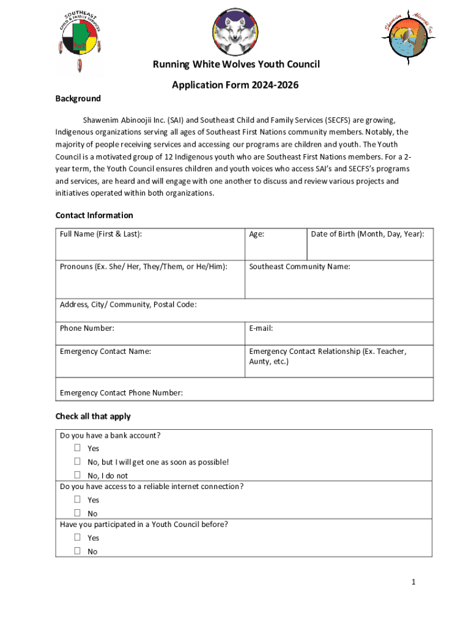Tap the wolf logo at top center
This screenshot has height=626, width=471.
pos(236,33)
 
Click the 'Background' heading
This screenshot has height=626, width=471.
pos(78,98)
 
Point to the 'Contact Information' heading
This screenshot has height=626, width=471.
pos(94,215)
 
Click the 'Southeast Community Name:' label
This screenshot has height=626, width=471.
pos(299,267)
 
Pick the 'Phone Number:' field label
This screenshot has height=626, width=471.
pos(87,328)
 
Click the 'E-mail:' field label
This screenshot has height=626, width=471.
pos(261,328)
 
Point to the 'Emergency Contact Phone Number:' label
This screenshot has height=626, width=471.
pos(121,392)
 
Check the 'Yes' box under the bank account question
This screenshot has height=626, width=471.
pos(78,448)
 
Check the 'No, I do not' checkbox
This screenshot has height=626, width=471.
pos(78,475)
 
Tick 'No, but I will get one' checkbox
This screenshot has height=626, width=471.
pos(78,462)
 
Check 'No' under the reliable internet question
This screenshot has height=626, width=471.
pos(78,513)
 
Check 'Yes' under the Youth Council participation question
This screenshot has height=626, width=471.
pos(78,537)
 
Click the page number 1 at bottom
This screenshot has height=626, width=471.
pos(414,582)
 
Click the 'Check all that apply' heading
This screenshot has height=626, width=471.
pos(93,416)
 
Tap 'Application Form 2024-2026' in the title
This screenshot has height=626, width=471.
pos(236,85)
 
